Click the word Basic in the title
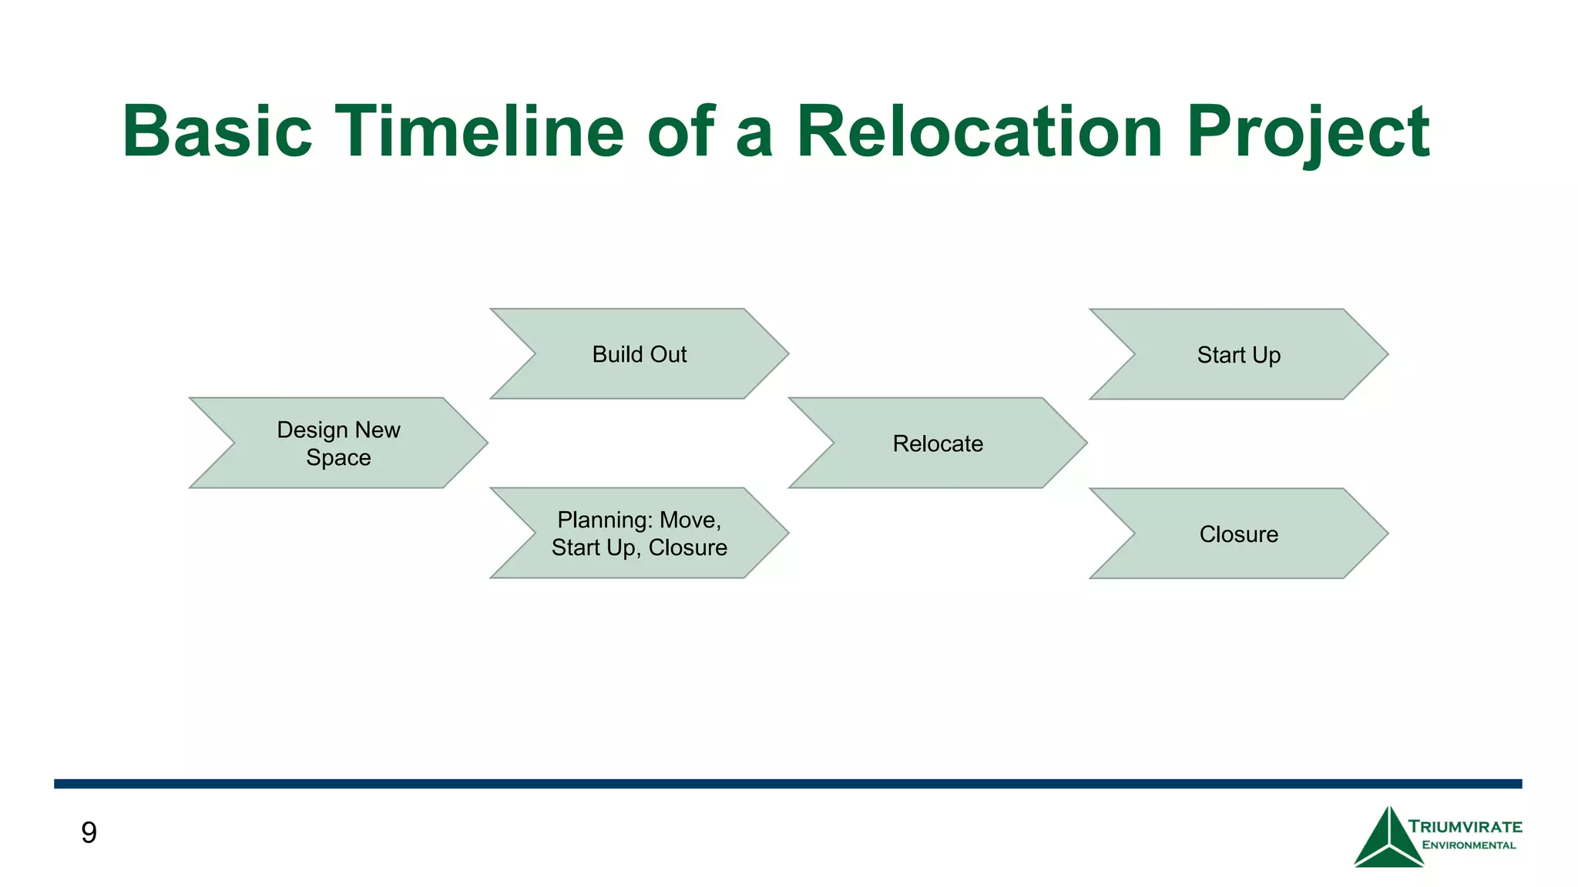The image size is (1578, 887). point(217,132)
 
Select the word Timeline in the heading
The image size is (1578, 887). point(478,132)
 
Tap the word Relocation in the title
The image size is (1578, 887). point(979,132)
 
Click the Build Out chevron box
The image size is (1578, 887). point(640,354)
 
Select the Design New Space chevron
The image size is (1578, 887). point(338,443)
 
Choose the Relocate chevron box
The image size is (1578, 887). point(938,443)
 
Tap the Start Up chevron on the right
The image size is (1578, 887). point(1238,355)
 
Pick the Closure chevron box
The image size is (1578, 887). point(1238,534)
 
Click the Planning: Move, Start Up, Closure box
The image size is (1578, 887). point(640,534)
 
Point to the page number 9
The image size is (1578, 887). point(89,833)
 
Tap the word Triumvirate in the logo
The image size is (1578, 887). point(1465,827)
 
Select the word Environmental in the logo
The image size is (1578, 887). point(1469,845)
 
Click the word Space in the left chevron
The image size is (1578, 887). point(338,458)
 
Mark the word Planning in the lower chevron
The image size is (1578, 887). point(605,520)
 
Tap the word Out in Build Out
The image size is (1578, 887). point(667,354)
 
